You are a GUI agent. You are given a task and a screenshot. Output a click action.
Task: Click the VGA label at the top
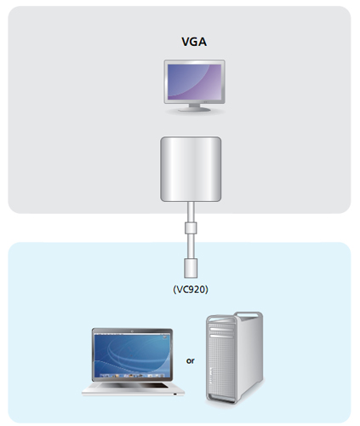pyautogui.click(x=194, y=42)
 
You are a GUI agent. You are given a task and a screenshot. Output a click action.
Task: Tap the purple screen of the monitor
pyautogui.click(x=194, y=82)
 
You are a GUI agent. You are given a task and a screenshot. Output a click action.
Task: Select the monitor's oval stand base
pyautogui.click(x=194, y=109)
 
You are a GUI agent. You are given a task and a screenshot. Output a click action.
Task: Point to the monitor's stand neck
pyautogui.click(x=194, y=105)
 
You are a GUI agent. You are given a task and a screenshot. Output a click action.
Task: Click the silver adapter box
pyautogui.click(x=191, y=170)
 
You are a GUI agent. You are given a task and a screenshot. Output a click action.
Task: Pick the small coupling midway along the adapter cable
pyautogui.click(x=191, y=228)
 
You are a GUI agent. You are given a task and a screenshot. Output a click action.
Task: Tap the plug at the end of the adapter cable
pyautogui.click(x=191, y=268)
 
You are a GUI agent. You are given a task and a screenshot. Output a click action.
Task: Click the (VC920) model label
pyautogui.click(x=191, y=289)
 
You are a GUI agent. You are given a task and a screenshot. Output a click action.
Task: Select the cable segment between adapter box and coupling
pyautogui.click(x=191, y=212)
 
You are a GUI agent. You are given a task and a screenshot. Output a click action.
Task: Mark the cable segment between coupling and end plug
pyautogui.click(x=191, y=246)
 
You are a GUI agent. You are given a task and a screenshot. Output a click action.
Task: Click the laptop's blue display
pyautogui.click(x=132, y=355)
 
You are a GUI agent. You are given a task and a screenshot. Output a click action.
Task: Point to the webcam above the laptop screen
pyautogui.click(x=132, y=331)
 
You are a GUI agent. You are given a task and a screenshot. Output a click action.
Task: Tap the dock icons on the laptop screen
pyautogui.click(x=132, y=376)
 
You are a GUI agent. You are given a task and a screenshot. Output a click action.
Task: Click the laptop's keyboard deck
pyautogui.click(x=133, y=388)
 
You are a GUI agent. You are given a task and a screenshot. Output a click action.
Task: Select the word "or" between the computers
pyautogui.click(x=191, y=360)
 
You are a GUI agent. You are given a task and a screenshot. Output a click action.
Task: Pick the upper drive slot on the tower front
pyautogui.click(x=221, y=329)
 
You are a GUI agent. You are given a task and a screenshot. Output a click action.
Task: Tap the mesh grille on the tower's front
pyautogui.click(x=221, y=366)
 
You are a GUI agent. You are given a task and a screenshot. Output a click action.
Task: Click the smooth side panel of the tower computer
pyautogui.click(x=249, y=355)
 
